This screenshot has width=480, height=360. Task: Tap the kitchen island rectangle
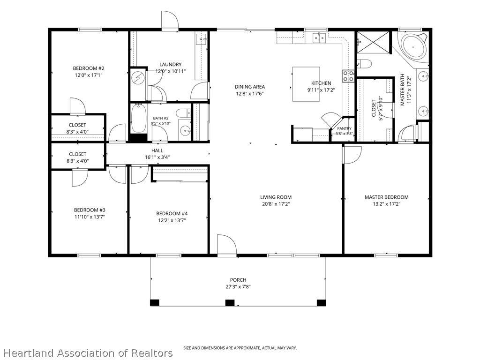306,84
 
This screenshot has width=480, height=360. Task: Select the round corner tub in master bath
413,47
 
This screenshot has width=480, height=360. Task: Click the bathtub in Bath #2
139,118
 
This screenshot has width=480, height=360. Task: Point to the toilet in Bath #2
183,113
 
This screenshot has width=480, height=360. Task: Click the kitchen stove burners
348,76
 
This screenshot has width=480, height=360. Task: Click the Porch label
238,280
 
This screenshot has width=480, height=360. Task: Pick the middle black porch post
230,303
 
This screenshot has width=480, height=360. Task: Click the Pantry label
345,128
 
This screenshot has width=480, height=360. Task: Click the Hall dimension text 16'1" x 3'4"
157,157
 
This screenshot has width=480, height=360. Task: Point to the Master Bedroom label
386,197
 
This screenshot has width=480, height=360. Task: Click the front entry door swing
227,244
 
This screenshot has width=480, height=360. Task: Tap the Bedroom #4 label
172,214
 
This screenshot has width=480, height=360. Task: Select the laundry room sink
202,39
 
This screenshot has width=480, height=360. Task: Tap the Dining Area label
250,87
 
